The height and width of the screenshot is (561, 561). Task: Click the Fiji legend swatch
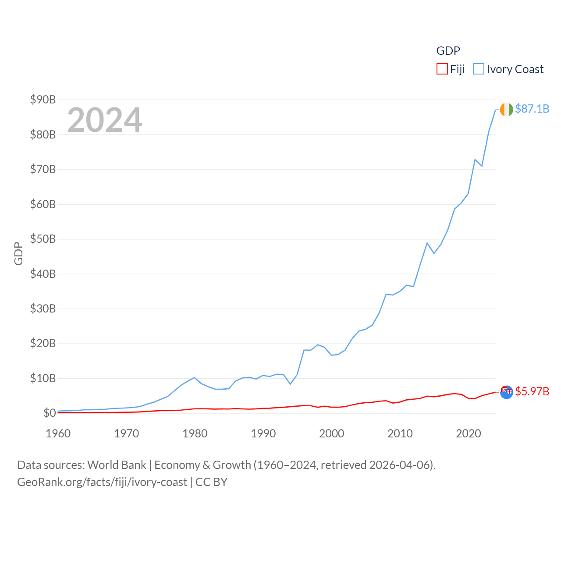[x=442, y=69]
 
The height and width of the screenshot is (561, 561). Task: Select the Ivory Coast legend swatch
[x=479, y=69]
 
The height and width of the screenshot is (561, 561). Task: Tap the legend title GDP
[x=448, y=51]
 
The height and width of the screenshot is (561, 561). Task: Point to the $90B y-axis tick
[x=43, y=99]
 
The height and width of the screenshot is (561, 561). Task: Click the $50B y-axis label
[x=43, y=239]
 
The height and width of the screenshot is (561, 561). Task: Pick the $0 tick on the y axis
[x=50, y=413]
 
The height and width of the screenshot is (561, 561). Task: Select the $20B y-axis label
[x=43, y=343]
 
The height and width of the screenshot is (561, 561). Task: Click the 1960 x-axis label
[x=58, y=433]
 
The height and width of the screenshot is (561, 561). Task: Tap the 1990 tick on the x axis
[x=263, y=433]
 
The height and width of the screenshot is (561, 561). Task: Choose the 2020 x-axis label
[x=469, y=433]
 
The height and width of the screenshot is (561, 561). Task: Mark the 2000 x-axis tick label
[x=332, y=433]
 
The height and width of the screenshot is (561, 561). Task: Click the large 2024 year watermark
[x=105, y=120]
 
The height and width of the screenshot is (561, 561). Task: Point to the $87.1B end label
[x=532, y=109]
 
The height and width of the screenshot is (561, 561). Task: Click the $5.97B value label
[x=532, y=391]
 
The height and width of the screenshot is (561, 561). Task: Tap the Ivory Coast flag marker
[x=506, y=110]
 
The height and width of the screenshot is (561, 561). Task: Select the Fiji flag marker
[x=506, y=392]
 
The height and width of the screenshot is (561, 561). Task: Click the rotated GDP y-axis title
[x=18, y=253]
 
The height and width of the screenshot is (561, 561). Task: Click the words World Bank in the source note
[x=117, y=465]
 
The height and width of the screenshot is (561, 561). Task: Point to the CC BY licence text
[x=211, y=482]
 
